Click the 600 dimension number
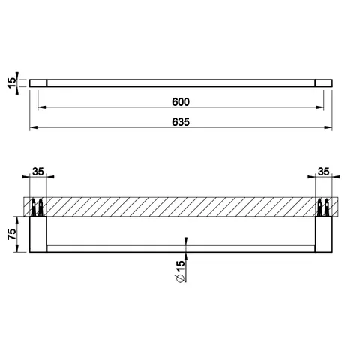[x=181, y=102]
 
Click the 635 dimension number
[x=181, y=122]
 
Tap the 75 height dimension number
[x=12, y=234]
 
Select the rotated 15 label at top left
[x=11, y=82]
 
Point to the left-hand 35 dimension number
[x=38, y=172]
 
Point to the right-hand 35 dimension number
[x=324, y=172]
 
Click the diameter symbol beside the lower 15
[x=181, y=278]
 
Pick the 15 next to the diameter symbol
[x=181, y=266]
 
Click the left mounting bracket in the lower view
[x=38, y=234]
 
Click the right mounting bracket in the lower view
[x=324, y=234]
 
